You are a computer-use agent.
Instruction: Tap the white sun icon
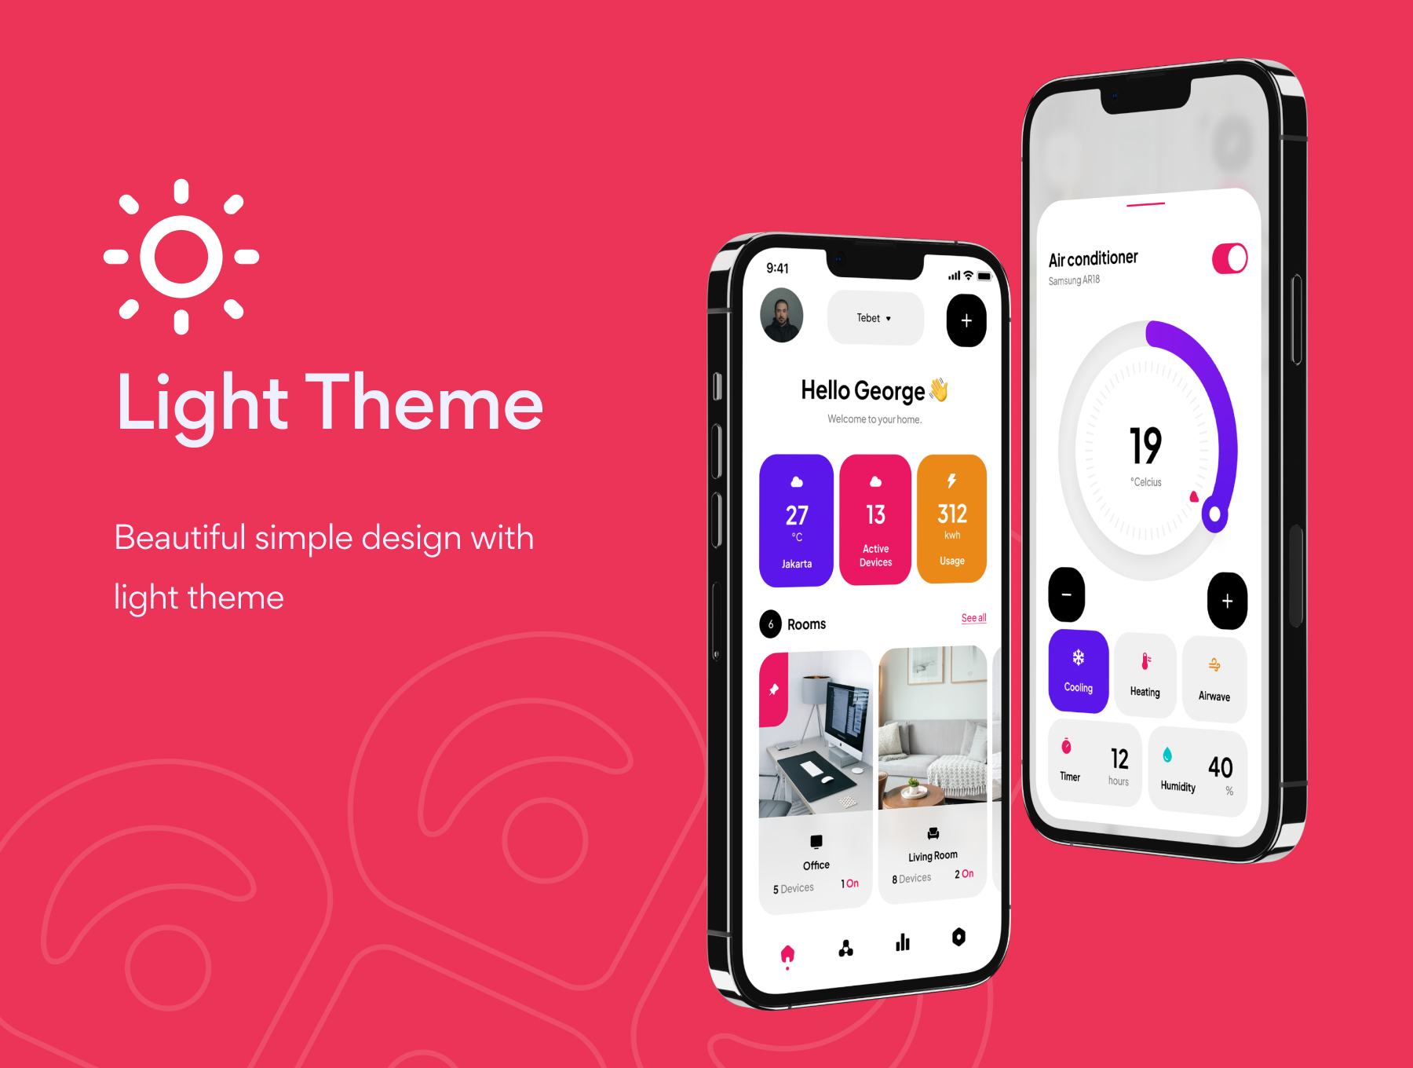point(181,257)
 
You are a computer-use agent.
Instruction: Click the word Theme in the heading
point(424,403)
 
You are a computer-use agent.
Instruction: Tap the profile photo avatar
point(782,315)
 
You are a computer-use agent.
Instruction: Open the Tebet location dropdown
point(875,318)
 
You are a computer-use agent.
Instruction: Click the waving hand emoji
point(939,390)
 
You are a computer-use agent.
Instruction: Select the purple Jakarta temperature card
point(796,520)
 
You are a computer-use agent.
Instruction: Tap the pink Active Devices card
point(875,519)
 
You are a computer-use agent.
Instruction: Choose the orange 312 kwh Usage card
point(951,518)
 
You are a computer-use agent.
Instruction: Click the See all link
point(973,618)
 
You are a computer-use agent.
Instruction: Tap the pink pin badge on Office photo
point(773,689)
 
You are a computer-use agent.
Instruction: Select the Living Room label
point(933,856)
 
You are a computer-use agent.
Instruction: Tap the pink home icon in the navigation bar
point(787,955)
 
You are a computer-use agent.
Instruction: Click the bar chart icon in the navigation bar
point(903,942)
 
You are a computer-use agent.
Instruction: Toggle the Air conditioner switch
point(1229,258)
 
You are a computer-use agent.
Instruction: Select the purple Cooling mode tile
point(1079,671)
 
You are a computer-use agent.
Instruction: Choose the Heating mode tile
point(1145,675)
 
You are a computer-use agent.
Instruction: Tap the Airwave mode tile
point(1214,679)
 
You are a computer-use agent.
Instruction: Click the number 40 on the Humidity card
point(1220,767)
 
